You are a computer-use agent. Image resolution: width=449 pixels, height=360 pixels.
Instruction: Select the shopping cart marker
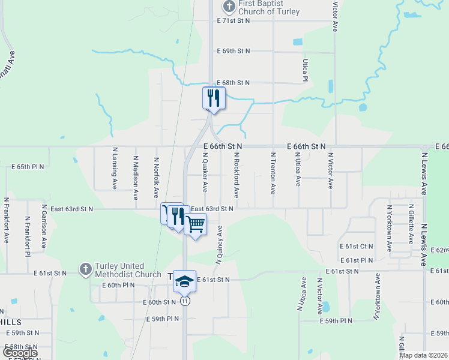point(195,224)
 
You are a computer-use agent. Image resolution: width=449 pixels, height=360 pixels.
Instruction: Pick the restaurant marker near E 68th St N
point(214,98)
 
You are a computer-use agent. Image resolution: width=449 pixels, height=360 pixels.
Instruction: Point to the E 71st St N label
point(233,20)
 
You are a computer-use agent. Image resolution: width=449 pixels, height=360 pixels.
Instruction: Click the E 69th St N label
point(233,52)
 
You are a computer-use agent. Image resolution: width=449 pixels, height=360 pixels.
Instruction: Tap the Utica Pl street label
point(305,70)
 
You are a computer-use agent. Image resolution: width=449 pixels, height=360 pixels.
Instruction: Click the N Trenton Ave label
point(273,173)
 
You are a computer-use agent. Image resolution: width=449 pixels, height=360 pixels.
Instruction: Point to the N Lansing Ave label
point(114,169)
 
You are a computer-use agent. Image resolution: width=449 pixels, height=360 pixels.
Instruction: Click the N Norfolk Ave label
point(157,178)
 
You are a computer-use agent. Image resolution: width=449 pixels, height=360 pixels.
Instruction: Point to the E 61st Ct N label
point(356,247)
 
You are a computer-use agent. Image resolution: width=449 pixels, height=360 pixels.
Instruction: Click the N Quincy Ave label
point(220,245)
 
